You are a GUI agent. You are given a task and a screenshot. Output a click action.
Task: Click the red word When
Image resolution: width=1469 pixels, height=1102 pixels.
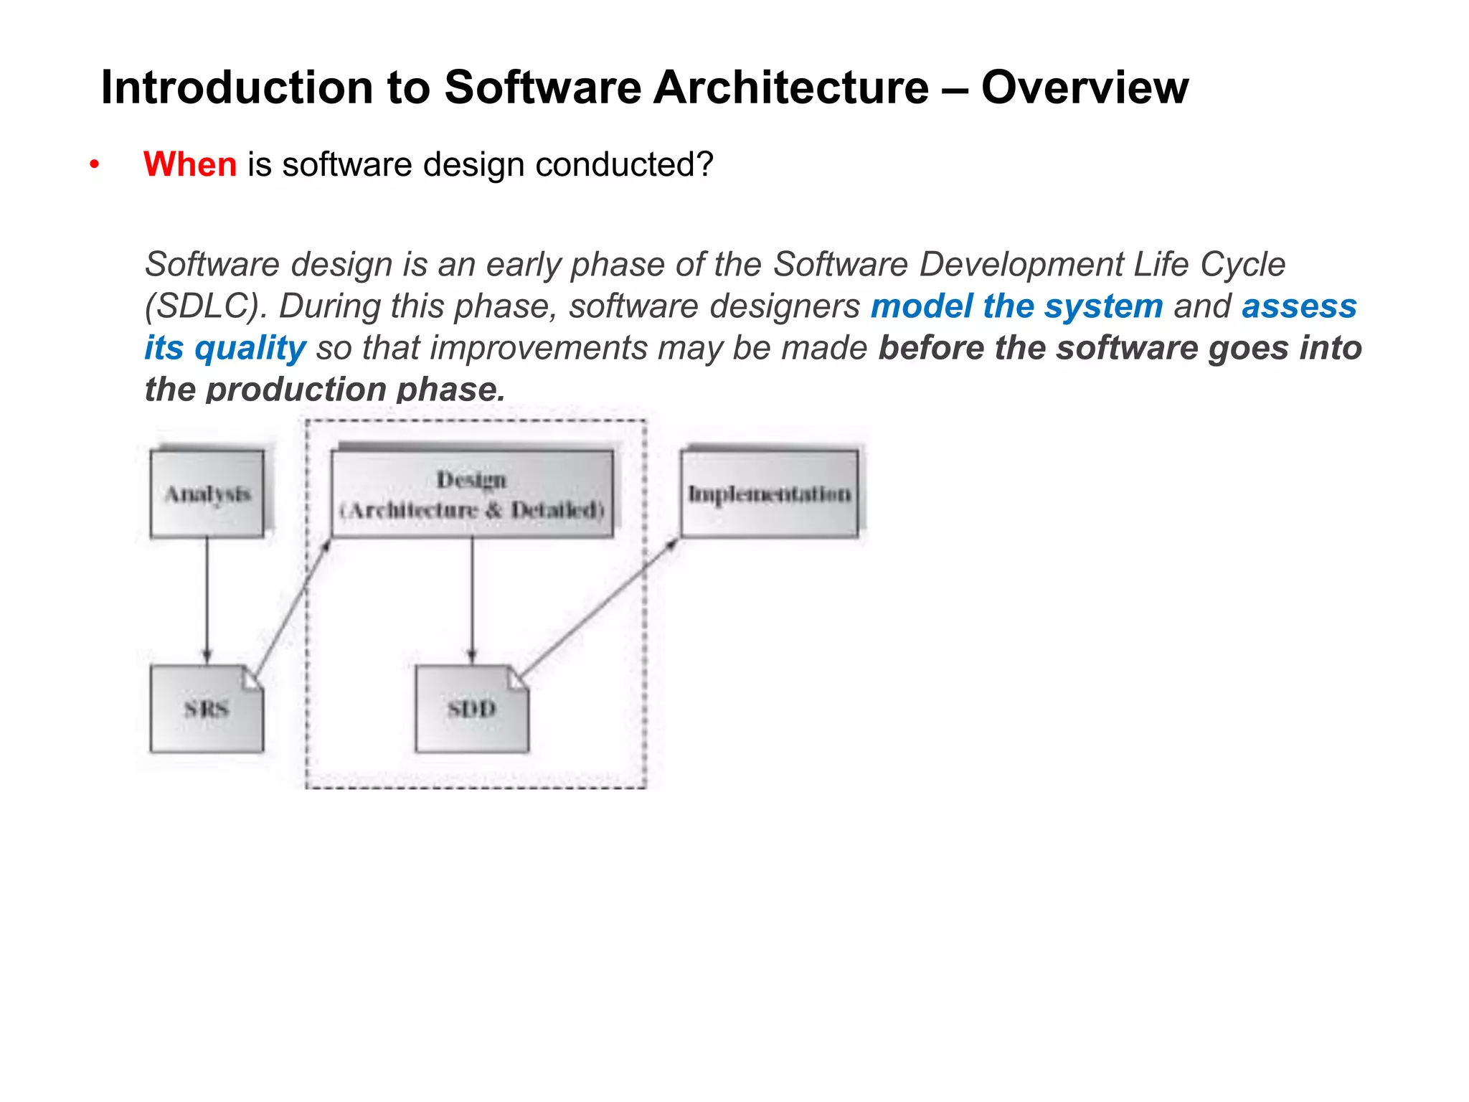coord(190,164)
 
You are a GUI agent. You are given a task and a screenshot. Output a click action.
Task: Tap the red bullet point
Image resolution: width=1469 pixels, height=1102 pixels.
coord(94,165)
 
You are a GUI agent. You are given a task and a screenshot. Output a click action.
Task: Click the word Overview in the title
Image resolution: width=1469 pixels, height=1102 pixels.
coord(1085,88)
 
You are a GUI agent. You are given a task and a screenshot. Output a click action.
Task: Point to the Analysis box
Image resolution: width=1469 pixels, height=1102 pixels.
coord(207,494)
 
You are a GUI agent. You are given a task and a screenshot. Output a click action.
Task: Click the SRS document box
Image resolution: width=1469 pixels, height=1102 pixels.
coord(207,709)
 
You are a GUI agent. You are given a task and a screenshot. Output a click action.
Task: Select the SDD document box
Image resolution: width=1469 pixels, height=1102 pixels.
coord(471,709)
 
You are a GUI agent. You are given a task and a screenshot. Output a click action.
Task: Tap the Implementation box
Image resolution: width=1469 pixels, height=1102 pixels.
coord(769,494)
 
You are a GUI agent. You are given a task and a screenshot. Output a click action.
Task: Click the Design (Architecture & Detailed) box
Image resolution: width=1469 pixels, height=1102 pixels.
coord(472,494)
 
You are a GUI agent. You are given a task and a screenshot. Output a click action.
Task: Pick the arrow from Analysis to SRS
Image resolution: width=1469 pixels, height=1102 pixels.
coord(207,599)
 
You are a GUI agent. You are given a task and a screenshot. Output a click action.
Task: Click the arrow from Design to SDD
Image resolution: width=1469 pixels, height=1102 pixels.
coord(472,599)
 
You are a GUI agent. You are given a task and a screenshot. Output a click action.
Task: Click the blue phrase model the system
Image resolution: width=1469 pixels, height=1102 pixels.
coord(1016,306)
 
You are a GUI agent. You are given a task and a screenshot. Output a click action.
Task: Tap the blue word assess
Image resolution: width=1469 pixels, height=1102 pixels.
coord(1299,306)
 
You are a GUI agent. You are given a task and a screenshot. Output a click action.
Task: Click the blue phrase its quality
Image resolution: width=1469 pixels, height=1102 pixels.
coord(225,348)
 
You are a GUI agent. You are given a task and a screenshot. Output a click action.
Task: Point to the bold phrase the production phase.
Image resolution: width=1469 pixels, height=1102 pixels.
coord(325,390)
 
